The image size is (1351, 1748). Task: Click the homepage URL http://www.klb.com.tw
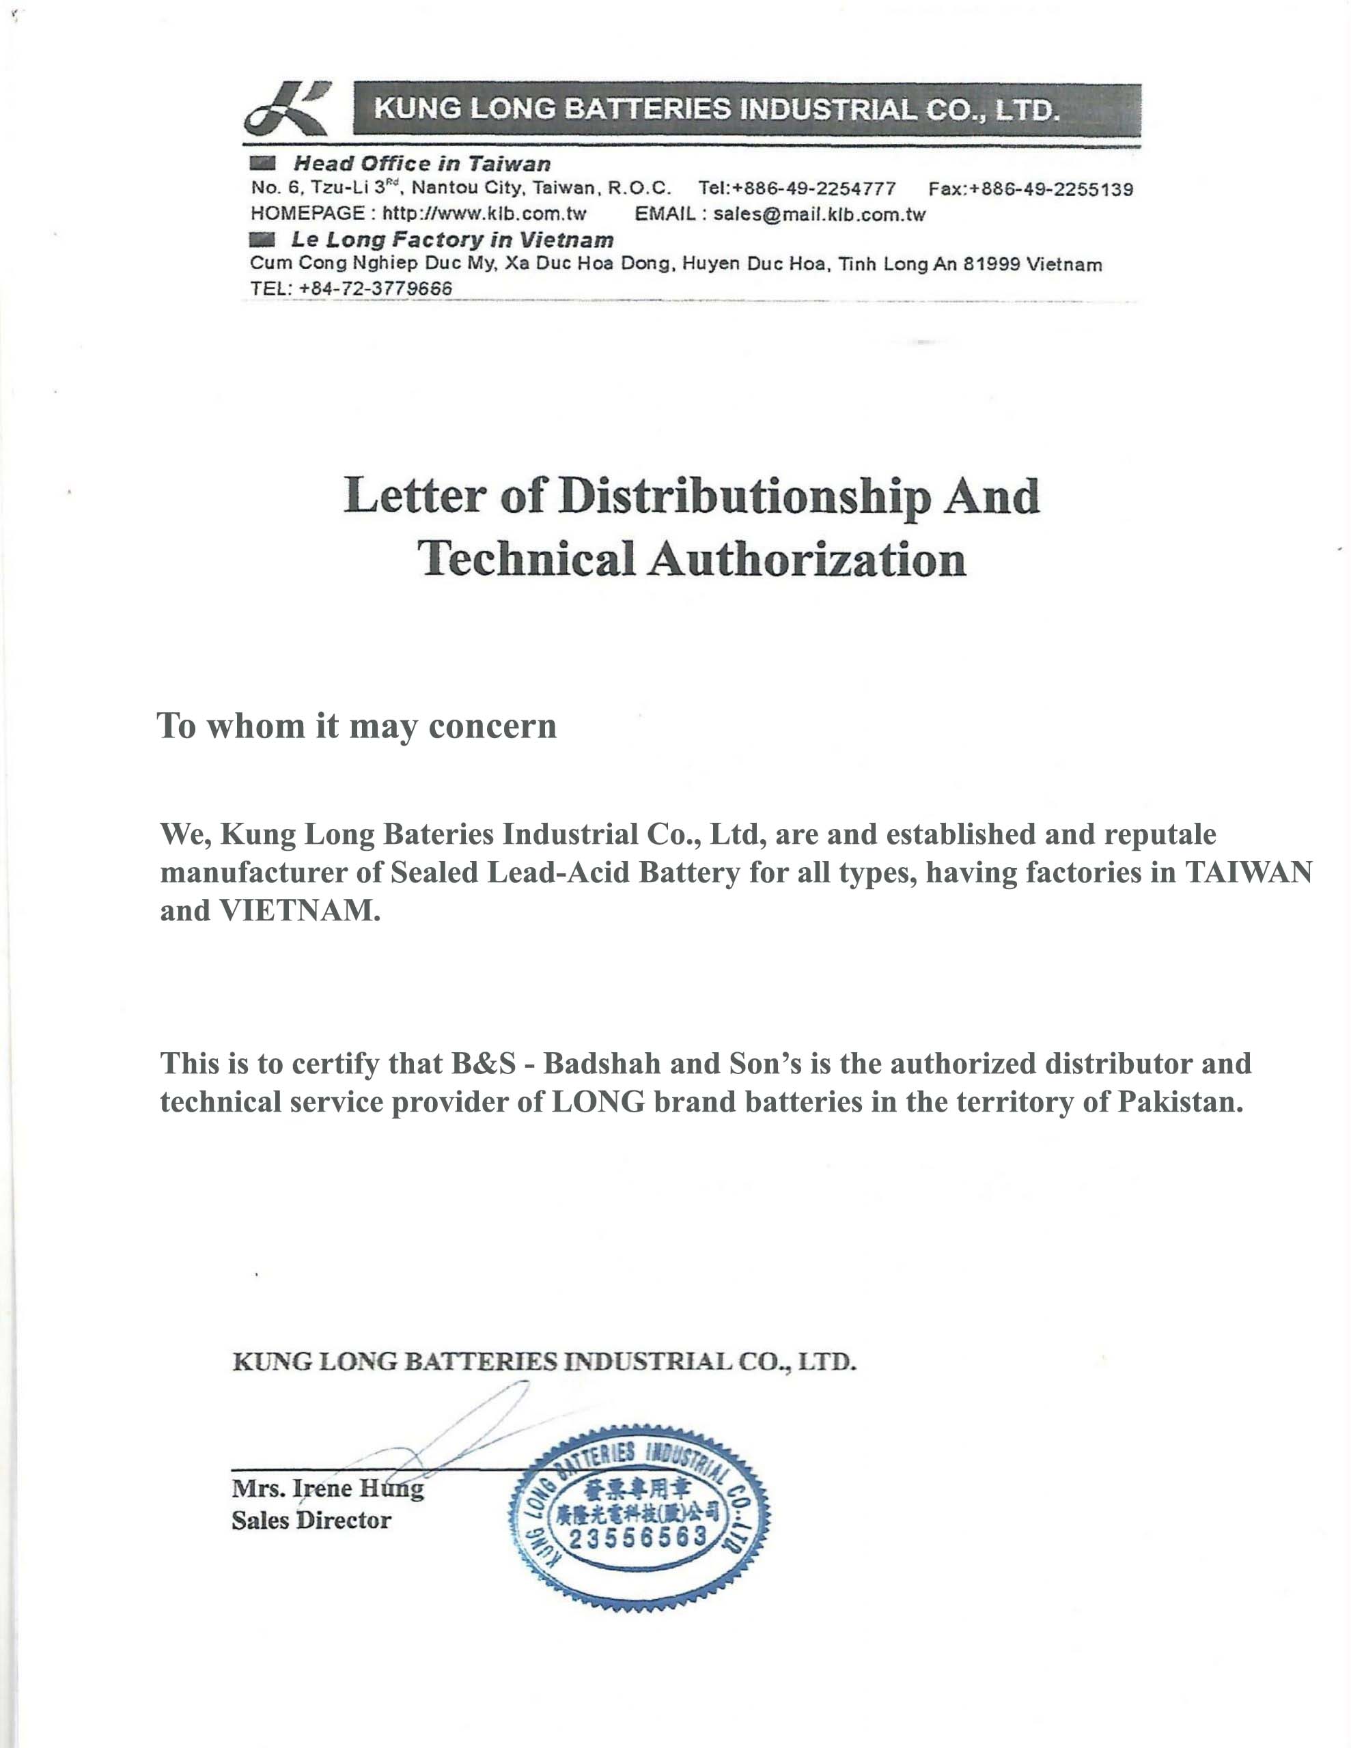484,214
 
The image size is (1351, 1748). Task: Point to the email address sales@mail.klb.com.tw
818,214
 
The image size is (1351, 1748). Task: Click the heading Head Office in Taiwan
421,164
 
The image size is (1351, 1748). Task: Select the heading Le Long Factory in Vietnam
451,239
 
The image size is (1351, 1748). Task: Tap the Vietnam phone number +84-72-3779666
375,288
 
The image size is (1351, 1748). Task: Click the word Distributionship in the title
744,496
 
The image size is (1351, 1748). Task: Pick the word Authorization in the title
807,559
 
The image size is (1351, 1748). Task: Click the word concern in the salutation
492,726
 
